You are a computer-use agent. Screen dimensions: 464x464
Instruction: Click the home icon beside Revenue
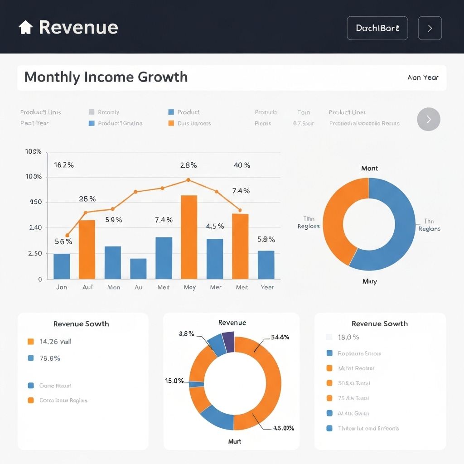[x=26, y=28]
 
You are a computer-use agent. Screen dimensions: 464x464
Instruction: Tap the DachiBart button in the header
[x=377, y=28]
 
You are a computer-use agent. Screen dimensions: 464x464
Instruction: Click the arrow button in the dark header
[x=430, y=28]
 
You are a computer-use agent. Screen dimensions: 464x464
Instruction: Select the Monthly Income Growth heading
[x=106, y=77]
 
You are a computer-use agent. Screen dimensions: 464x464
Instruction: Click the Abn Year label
[x=423, y=77]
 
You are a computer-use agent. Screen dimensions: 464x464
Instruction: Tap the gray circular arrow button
[x=428, y=119]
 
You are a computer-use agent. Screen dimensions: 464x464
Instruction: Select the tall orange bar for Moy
[x=189, y=237]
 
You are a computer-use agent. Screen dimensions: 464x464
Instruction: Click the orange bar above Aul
[x=87, y=249]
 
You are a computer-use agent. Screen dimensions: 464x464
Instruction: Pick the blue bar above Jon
[x=62, y=266]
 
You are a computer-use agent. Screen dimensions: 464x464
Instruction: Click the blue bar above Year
[x=266, y=265]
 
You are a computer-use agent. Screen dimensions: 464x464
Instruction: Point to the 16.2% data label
[x=63, y=165]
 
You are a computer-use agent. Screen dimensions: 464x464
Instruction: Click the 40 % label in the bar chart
[x=242, y=165]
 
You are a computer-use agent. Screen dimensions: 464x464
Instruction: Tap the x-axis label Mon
[x=113, y=287]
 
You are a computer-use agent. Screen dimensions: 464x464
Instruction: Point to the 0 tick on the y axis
[x=40, y=279]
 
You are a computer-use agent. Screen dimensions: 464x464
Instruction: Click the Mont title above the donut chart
[x=369, y=168]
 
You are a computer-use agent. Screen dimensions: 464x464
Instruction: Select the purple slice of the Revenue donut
[x=228, y=341]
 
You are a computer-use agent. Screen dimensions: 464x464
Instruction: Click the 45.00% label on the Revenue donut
[x=284, y=428]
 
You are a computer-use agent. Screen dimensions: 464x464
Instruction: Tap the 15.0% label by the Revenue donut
[x=174, y=381]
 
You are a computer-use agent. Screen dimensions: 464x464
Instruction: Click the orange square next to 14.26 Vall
[x=31, y=342]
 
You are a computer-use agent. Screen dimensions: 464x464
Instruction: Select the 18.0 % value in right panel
[x=348, y=337]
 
